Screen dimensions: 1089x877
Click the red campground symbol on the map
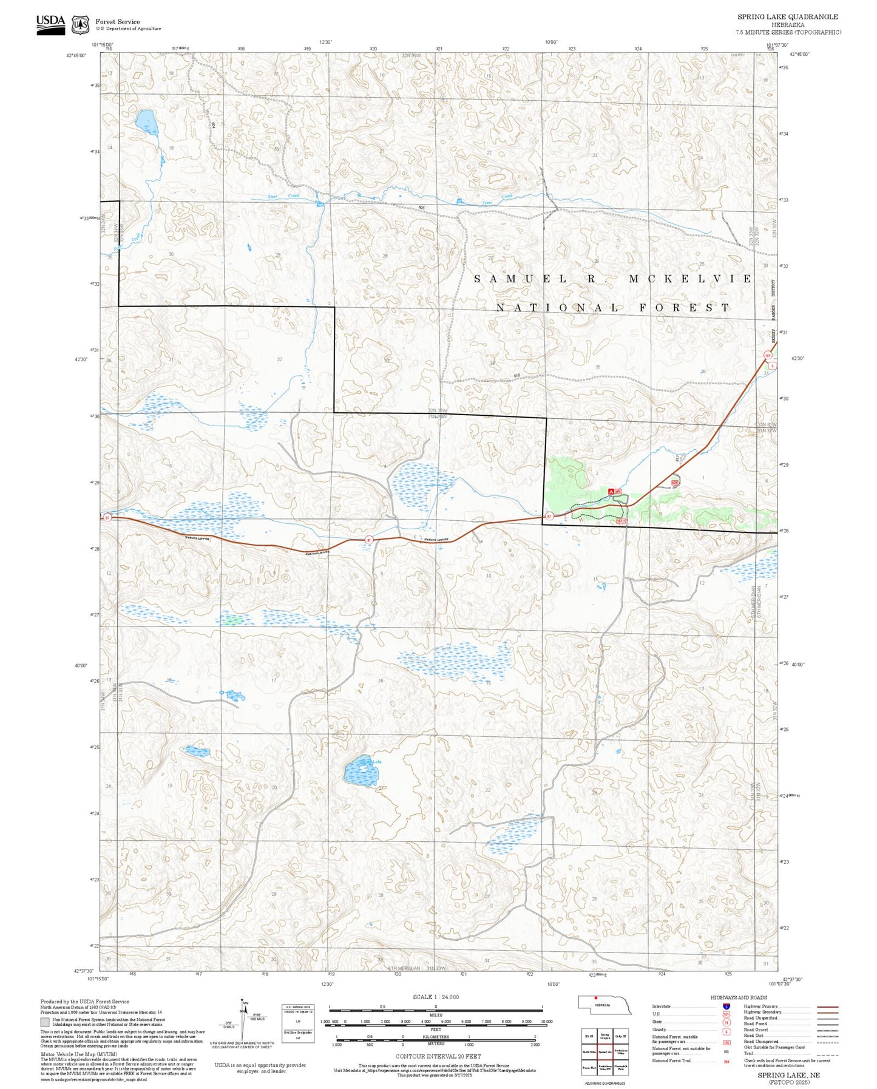(x=611, y=490)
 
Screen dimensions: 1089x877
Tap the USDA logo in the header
(x=50, y=24)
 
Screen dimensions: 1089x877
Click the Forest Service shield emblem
(x=80, y=25)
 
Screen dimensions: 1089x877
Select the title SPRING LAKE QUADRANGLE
(x=787, y=17)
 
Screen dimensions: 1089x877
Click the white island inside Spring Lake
(x=362, y=769)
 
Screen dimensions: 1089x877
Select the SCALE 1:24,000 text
(x=435, y=997)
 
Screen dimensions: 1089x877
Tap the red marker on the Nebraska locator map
(x=596, y=997)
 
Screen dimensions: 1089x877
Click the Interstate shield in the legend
(x=726, y=1006)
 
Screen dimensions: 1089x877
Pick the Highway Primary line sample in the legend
(x=828, y=1006)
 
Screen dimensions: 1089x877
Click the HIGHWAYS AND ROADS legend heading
(x=738, y=997)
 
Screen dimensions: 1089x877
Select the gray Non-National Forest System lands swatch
(x=45, y=1022)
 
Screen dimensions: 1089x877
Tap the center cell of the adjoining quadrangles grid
(x=604, y=1051)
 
